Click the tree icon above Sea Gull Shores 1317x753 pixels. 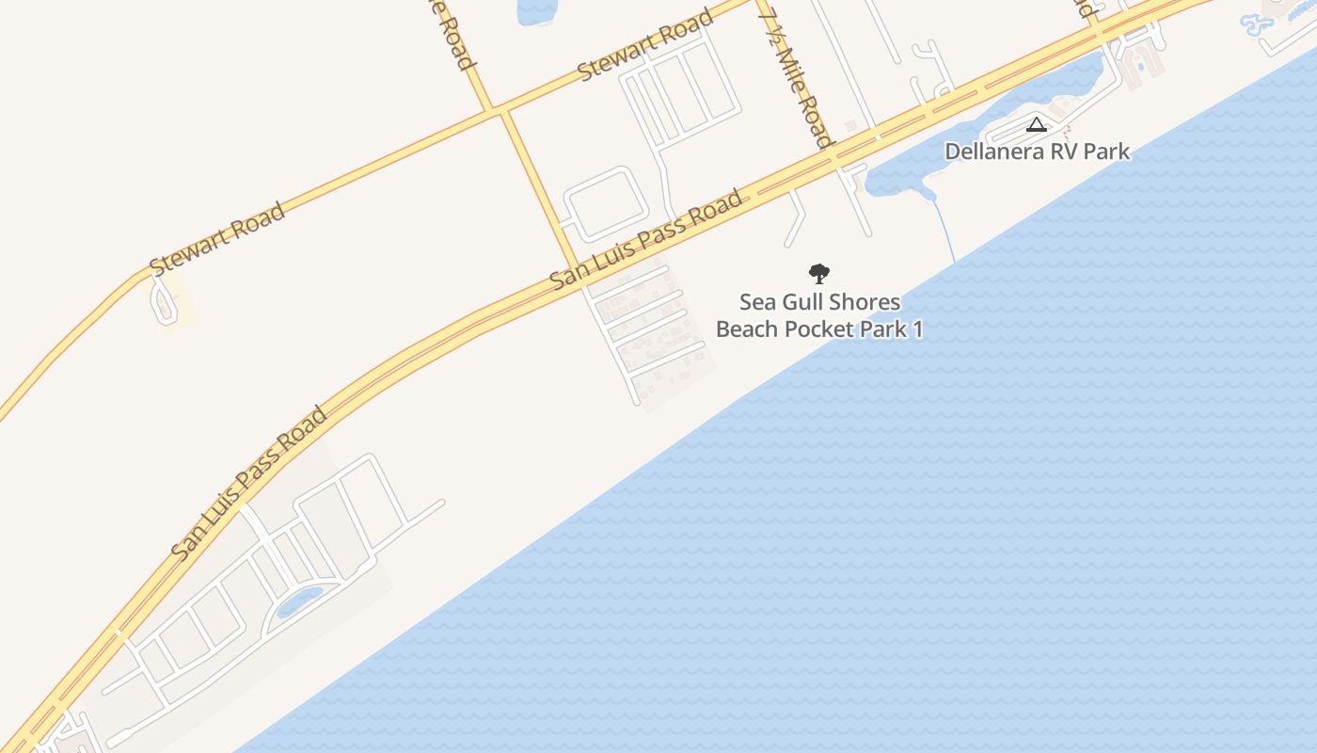pyautogui.click(x=819, y=274)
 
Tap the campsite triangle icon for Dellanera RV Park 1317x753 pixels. pyautogui.click(x=1036, y=124)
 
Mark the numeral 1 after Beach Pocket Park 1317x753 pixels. pyautogui.click(x=917, y=329)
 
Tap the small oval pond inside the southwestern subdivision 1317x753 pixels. pyautogui.click(x=299, y=601)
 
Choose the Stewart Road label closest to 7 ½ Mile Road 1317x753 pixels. pyautogui.click(x=645, y=47)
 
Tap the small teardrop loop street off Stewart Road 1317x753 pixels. pyautogui.click(x=165, y=302)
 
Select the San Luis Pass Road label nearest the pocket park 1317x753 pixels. pyautogui.click(x=646, y=240)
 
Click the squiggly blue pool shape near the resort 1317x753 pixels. pyautogui.click(x=1257, y=24)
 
